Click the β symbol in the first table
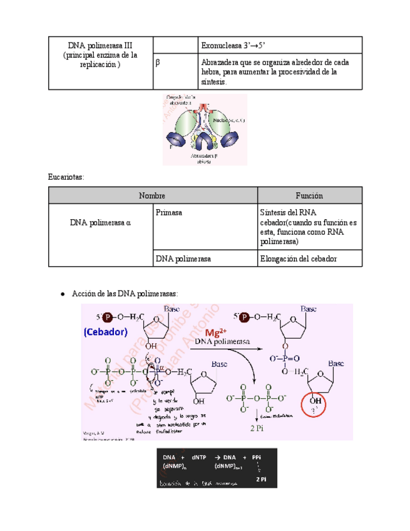click(158, 62)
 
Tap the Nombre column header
click(153, 196)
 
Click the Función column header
click(310, 196)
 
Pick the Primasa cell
click(169, 213)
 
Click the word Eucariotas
click(66, 177)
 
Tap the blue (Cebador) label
click(105, 332)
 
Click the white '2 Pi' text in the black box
click(262, 479)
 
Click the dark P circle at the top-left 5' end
click(108, 317)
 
